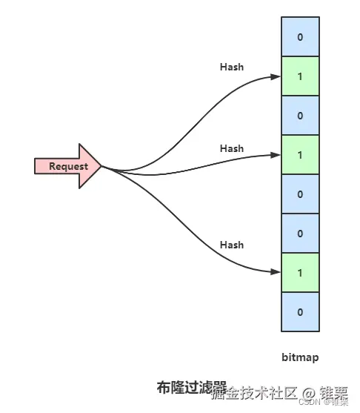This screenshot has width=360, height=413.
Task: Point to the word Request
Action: tap(67, 166)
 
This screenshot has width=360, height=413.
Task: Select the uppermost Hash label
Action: tap(232, 67)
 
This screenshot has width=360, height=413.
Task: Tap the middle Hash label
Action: tap(232, 148)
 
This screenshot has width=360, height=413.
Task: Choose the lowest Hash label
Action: tap(232, 245)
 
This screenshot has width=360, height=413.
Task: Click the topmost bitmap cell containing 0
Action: tap(300, 36)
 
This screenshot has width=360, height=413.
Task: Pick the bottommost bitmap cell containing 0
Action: tap(300, 312)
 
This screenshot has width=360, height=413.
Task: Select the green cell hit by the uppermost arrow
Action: tap(300, 76)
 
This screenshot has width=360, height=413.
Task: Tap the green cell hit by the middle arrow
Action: tap(300, 154)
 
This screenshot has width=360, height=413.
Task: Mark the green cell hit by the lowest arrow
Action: tap(300, 273)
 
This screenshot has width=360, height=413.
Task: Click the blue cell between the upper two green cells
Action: tap(300, 115)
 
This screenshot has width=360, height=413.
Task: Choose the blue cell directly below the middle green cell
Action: tap(300, 194)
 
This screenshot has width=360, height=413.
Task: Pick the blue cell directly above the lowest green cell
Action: tap(300, 234)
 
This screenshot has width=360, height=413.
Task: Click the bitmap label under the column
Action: tap(300, 357)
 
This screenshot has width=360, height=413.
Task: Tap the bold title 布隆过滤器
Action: tap(191, 387)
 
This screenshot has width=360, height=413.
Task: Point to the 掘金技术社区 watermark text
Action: tap(252, 392)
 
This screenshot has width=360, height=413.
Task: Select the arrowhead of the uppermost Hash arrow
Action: tap(277, 76)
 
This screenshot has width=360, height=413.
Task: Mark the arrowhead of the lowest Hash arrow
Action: tap(277, 273)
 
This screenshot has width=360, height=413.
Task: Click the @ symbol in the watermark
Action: tap(309, 392)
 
